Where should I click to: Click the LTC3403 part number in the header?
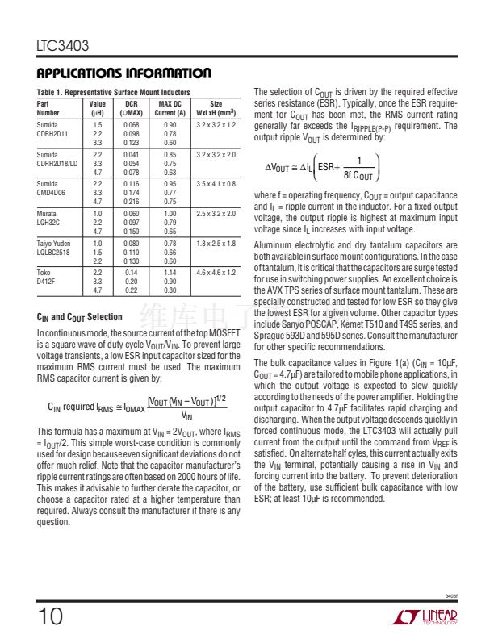[x=62, y=46]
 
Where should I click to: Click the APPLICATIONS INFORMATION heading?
[x=124, y=73]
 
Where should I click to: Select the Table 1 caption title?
[x=114, y=93]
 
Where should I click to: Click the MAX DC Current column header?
[x=170, y=108]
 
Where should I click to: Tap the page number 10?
[x=49, y=617]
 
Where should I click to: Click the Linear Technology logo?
[x=425, y=617]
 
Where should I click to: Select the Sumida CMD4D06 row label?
[x=55, y=188]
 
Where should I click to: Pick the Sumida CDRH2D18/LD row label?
[x=59, y=158]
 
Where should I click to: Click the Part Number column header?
[x=50, y=108]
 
